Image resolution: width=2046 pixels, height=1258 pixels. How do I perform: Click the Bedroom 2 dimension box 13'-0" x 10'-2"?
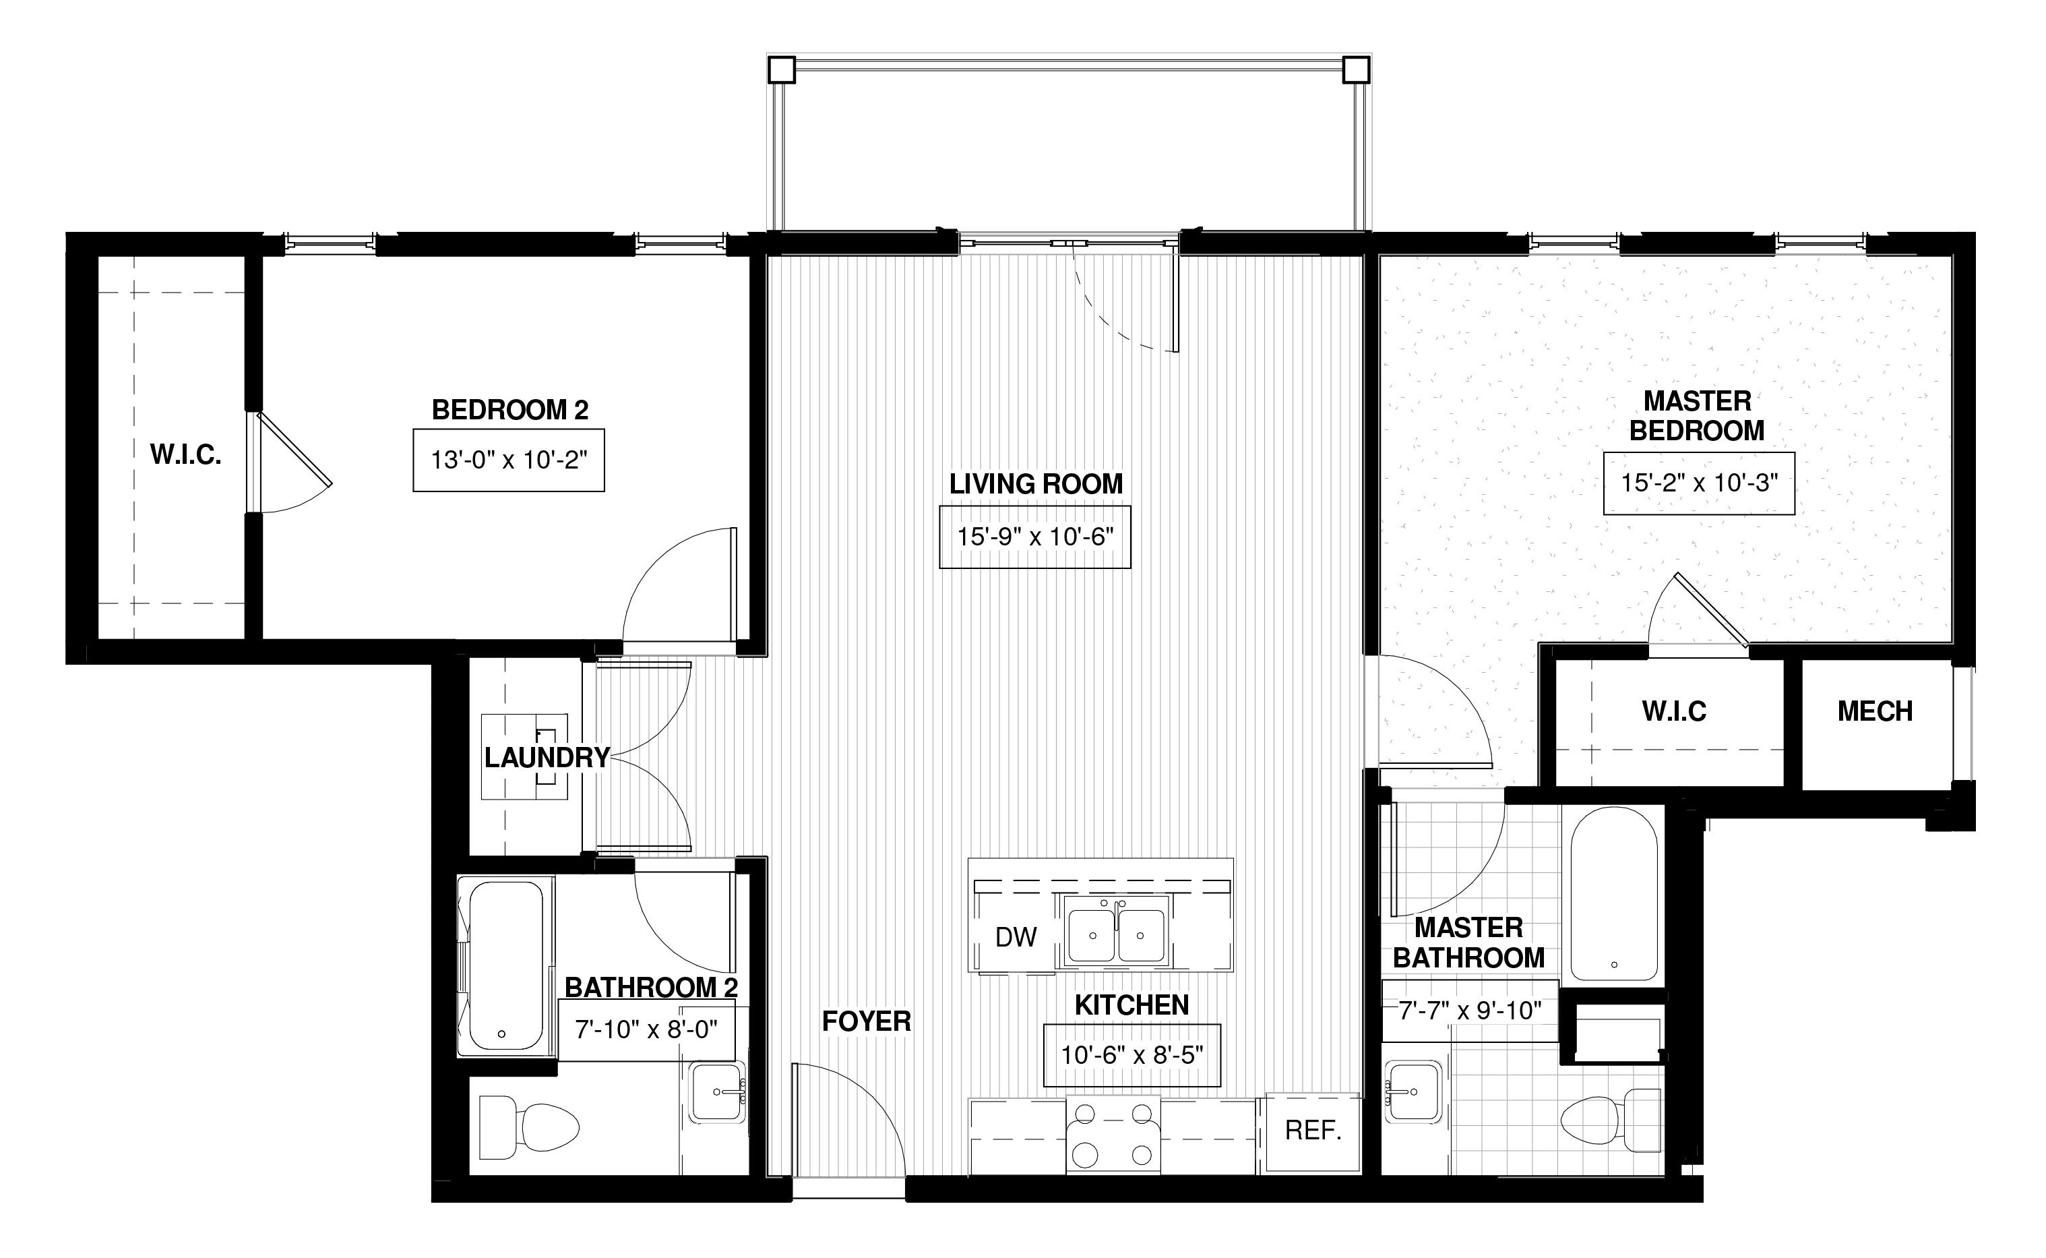[508, 460]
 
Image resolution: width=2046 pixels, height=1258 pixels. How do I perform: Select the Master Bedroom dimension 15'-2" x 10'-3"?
[1698, 483]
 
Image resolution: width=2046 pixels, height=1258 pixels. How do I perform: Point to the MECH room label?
[1875, 711]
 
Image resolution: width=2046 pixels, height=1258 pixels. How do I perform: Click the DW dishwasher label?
[1016, 937]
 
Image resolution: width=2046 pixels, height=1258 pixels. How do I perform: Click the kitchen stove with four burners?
[1113, 1135]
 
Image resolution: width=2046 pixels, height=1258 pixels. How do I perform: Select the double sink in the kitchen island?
[1117, 931]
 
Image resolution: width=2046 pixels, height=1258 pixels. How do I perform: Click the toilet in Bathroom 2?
[529, 1127]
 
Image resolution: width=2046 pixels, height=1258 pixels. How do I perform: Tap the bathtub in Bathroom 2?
[505, 966]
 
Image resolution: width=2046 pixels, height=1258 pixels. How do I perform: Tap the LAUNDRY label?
[547, 757]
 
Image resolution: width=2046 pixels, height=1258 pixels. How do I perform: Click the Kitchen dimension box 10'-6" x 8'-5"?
[1132, 1055]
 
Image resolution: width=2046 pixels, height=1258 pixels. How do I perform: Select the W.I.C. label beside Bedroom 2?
[185, 454]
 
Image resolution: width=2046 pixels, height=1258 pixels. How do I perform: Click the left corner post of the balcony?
[781, 70]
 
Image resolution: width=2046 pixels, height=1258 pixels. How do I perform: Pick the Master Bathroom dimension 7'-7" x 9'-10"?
[1470, 1010]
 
